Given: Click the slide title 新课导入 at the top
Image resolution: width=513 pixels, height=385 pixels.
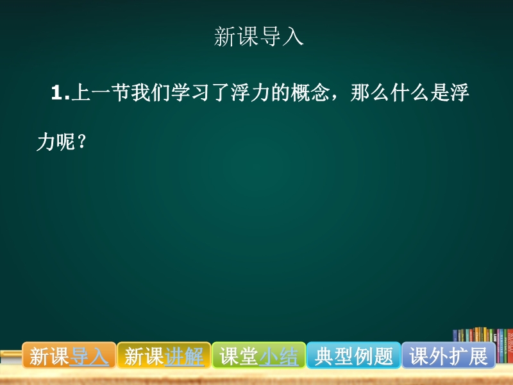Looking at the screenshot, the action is tap(259, 37).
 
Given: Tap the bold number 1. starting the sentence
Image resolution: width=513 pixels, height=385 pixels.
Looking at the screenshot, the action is tap(61, 92).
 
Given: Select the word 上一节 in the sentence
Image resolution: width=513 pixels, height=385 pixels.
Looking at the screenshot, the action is tap(101, 92).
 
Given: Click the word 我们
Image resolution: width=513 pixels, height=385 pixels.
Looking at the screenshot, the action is tap(151, 92).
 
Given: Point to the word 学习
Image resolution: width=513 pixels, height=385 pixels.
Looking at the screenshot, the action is tap(190, 92).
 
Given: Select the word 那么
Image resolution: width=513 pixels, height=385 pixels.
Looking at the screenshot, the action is tap(369, 92).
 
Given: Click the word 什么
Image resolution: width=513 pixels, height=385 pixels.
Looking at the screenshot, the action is tap(409, 92).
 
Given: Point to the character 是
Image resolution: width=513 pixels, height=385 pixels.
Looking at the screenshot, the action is tap(439, 92).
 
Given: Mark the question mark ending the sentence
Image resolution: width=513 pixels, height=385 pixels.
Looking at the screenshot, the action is tap(82, 141).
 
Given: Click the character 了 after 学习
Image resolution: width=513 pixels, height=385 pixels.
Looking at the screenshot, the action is tap(220, 92).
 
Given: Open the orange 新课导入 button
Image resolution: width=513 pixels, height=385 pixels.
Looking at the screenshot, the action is tap(69, 355).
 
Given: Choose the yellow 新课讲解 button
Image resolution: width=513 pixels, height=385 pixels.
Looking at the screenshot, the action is tap(164, 355).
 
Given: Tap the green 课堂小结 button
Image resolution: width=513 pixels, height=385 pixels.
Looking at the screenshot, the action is tap(259, 355).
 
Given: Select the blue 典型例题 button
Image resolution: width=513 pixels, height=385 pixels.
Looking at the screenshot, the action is tap(354, 355).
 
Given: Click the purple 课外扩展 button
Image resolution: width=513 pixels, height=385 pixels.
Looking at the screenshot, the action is tap(448, 355).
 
